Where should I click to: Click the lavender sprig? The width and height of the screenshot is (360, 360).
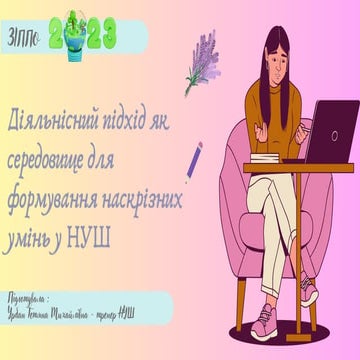pyautogui.click(x=204, y=69)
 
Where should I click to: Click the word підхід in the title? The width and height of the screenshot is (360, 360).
pyautogui.click(x=139, y=117)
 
